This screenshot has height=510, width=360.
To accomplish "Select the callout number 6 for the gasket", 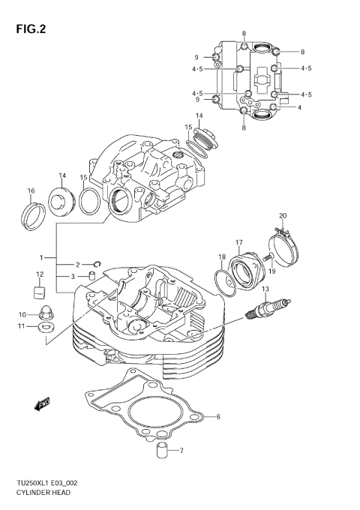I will click(x=217, y=417).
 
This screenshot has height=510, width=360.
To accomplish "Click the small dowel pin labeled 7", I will click(x=160, y=451).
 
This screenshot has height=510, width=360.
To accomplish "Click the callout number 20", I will click(x=283, y=216).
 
